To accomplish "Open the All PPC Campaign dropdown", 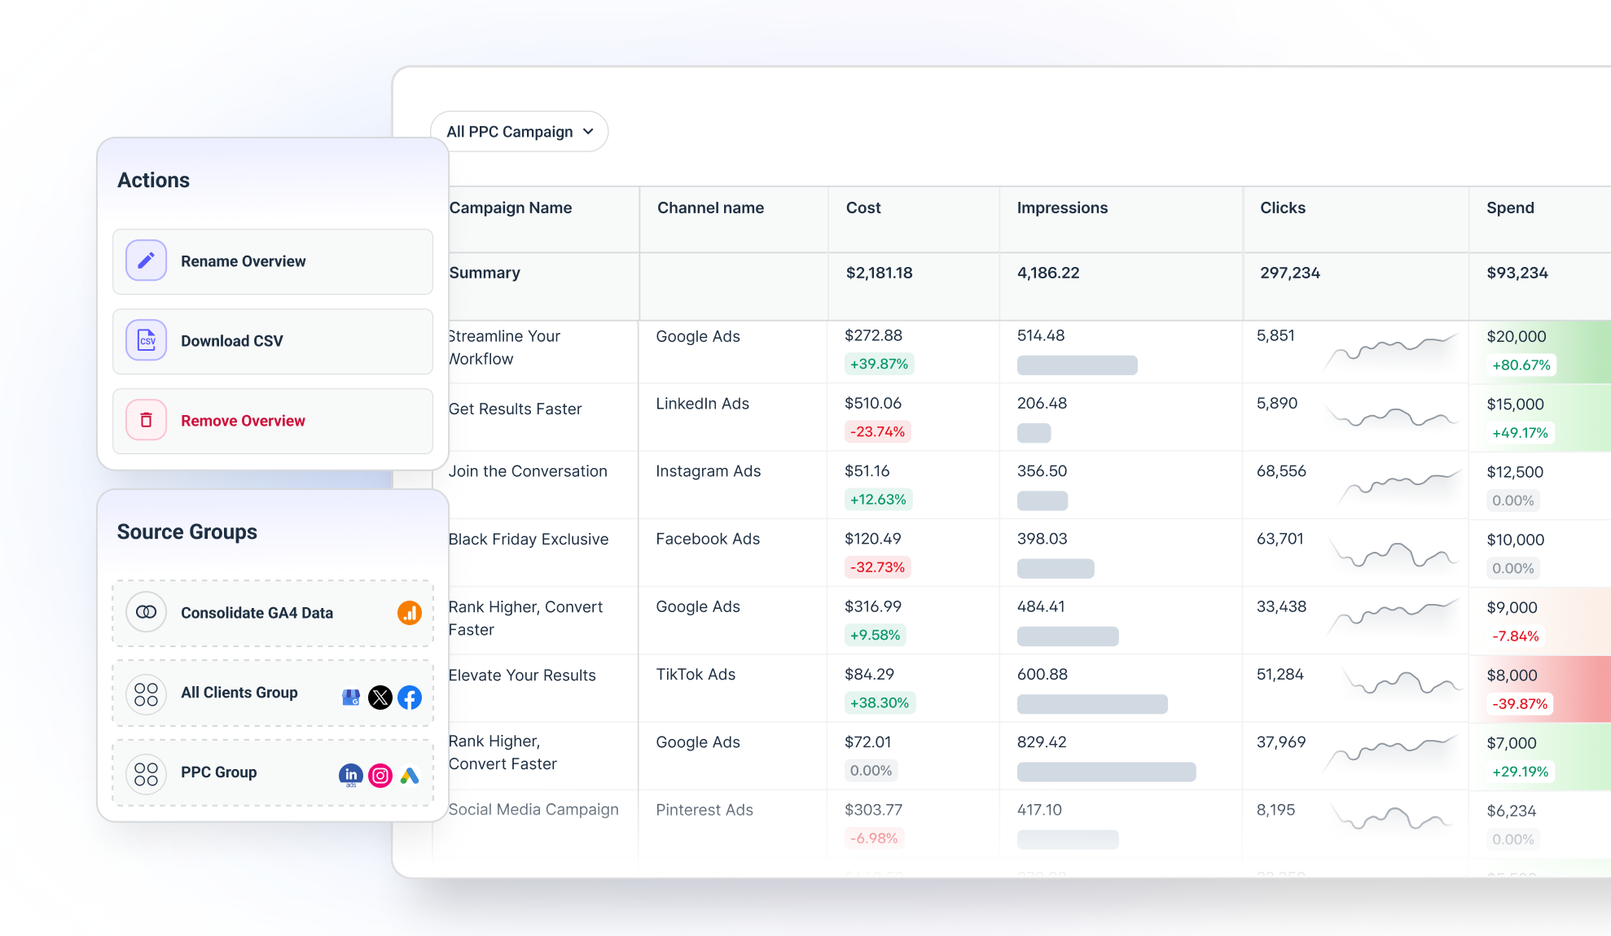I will pyautogui.click(x=519, y=132).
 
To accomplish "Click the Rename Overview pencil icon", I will pyautogui.click(x=147, y=260).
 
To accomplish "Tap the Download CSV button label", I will pyautogui.click(x=232, y=341).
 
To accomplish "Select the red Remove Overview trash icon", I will pyautogui.click(x=147, y=420).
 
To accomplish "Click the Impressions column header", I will pyautogui.click(x=1062, y=208).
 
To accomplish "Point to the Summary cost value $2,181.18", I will pyautogui.click(x=879, y=273).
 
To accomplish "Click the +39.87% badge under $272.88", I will pyautogui.click(x=879, y=364).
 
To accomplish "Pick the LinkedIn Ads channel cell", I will pyautogui.click(x=702, y=404).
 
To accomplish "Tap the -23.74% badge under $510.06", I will pyautogui.click(x=877, y=431).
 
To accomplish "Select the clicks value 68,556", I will pyautogui.click(x=1281, y=471).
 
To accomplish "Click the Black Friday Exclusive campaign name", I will pyautogui.click(x=529, y=539).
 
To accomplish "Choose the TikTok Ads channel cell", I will pyautogui.click(x=696, y=674).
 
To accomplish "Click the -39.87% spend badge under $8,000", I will pyautogui.click(x=1519, y=703).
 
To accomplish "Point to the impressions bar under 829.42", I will pyautogui.click(x=1106, y=772).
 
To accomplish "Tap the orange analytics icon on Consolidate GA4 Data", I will pyautogui.click(x=410, y=613).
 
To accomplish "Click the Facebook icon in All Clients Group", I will pyautogui.click(x=410, y=698).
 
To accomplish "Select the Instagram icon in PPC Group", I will pyautogui.click(x=380, y=776).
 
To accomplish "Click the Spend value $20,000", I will pyautogui.click(x=1516, y=336).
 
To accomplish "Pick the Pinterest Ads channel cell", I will pyautogui.click(x=705, y=810).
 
